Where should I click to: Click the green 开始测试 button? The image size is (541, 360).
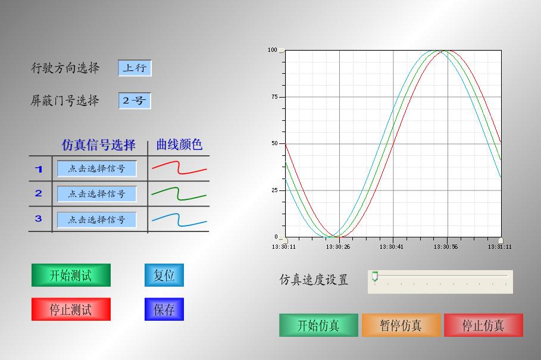71,275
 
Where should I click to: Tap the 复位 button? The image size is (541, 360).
164,275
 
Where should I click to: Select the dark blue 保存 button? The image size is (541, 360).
164,309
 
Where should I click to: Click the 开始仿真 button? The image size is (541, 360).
318,325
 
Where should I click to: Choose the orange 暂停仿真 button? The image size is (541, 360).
401,325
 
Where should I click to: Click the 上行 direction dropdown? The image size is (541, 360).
135,68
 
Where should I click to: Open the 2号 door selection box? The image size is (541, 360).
135,101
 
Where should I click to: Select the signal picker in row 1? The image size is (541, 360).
96,168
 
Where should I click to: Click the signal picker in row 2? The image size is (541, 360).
96,194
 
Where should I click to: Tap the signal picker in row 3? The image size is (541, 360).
96,220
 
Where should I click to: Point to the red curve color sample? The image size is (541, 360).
179,167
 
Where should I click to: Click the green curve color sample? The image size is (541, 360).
179,193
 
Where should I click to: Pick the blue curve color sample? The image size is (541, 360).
179,220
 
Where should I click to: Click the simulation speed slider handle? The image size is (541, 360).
375,277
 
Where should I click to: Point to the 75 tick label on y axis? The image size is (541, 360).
274,97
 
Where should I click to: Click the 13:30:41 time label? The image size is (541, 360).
391,246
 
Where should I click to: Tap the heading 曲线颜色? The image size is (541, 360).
179,145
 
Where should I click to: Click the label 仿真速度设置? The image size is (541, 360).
314,280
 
